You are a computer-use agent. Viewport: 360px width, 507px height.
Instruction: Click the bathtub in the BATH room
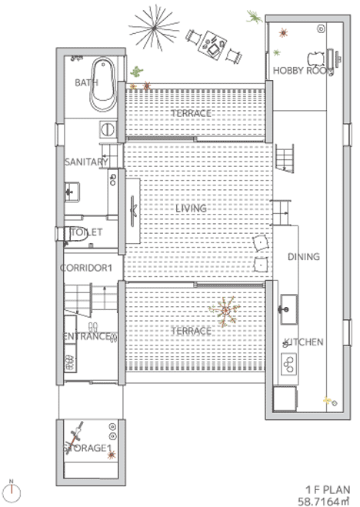pos(103,85)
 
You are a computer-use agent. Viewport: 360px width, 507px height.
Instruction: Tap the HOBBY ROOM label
pos(303,71)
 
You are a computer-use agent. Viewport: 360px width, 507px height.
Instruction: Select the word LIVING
pos(191,208)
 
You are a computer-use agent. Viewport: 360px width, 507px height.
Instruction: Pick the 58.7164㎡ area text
pos(324,502)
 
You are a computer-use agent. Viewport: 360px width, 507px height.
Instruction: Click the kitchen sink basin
pos(288,309)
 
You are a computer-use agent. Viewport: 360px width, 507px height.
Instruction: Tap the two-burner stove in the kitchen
pos(288,364)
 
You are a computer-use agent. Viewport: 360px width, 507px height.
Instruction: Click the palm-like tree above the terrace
pos(154,28)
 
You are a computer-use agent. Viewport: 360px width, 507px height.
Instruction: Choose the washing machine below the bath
pos(107,129)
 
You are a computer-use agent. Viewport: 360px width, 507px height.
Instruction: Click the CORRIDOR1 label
pos(86,268)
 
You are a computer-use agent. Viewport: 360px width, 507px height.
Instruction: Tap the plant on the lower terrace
pos(225,311)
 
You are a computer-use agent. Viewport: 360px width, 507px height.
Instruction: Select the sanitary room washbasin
pos(72,192)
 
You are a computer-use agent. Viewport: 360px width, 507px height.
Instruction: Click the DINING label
pos(304,257)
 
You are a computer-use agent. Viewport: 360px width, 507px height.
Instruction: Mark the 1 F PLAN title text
pos(328,489)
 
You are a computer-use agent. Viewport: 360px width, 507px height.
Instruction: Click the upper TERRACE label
pos(191,113)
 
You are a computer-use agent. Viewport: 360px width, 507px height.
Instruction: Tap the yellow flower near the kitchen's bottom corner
pos(327,400)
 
